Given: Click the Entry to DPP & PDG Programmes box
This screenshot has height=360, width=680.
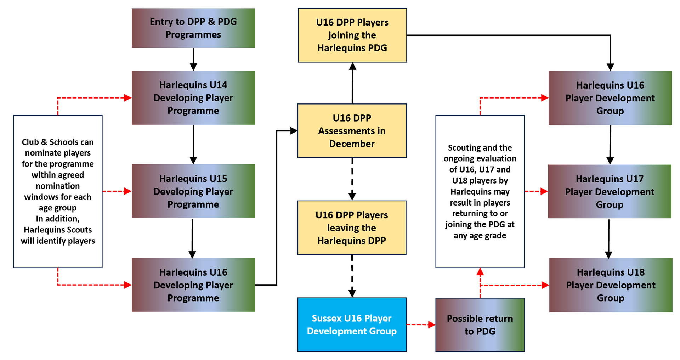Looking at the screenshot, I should [193, 28].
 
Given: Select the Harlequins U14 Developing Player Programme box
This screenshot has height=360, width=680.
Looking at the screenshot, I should [193, 98].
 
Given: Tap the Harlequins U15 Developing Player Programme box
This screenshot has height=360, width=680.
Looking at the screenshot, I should [193, 191].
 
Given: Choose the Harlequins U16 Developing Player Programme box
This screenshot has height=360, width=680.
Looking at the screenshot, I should [193, 285].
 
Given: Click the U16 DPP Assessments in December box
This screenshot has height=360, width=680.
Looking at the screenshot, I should [352, 131].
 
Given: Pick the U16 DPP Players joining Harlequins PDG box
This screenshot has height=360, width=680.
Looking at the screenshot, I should [352, 35].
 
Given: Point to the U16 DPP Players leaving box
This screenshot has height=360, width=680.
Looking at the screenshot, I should [352, 228].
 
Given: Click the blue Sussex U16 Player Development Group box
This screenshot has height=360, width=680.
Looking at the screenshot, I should [352, 325].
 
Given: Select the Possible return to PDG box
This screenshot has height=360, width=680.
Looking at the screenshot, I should [480, 325].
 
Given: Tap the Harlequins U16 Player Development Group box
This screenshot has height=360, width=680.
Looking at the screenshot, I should [610, 98].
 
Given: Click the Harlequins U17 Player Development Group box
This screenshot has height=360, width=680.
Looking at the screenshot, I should [610, 191].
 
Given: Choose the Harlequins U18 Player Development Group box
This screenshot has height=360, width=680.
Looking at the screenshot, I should [611, 285].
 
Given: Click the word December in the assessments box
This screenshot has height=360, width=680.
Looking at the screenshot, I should [352, 144].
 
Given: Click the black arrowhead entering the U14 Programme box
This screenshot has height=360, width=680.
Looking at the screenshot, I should [193, 67].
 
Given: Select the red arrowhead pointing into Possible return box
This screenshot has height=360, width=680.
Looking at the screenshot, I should [432, 325].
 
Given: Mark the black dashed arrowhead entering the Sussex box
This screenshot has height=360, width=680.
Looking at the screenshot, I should [352, 294].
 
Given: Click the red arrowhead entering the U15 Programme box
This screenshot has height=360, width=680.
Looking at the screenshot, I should [127, 191].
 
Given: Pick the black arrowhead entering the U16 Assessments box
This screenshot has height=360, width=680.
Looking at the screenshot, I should [294, 131].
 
